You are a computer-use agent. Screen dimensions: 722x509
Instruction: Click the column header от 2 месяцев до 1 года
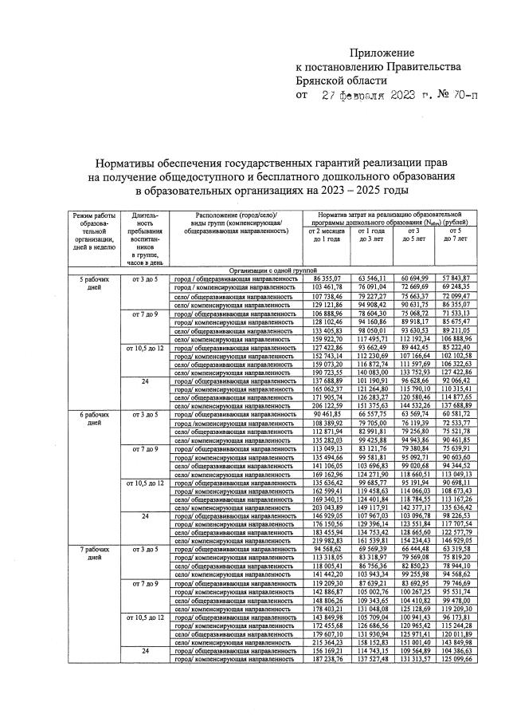(x=327, y=235)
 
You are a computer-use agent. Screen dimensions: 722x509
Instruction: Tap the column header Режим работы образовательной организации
(x=93, y=232)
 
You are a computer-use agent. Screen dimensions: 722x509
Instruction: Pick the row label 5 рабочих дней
(x=93, y=282)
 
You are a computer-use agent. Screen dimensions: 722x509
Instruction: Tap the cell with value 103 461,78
(x=327, y=286)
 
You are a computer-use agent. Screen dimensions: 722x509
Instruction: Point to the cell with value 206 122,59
(x=327, y=405)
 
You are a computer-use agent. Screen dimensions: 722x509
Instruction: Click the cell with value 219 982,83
(x=327, y=541)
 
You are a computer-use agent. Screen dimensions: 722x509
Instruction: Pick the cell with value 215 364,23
(x=327, y=664)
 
